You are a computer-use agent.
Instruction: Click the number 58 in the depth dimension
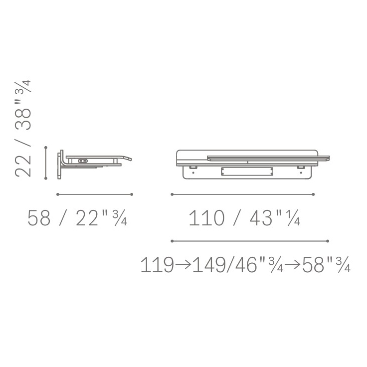(39, 218)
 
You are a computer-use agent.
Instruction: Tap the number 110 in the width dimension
(206, 218)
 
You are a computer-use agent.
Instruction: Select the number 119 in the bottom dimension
(157, 265)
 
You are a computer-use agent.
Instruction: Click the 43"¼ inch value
(275, 218)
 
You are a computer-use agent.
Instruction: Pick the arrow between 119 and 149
(183, 265)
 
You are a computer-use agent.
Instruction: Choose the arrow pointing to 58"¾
(292, 265)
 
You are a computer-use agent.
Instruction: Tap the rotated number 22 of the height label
(23, 166)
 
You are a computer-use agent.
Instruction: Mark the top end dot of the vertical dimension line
(46, 148)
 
